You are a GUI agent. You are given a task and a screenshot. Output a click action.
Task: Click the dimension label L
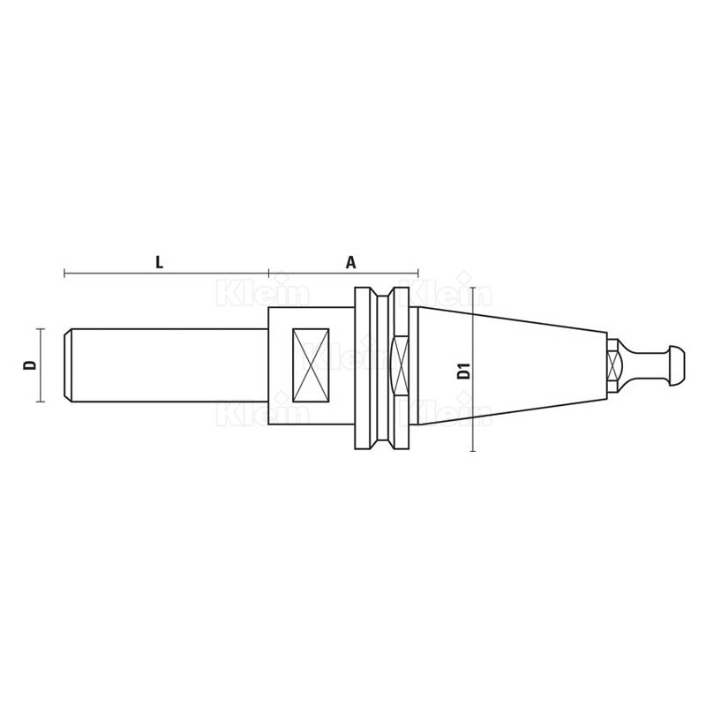click(x=159, y=262)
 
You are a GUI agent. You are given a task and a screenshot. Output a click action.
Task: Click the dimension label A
click(x=350, y=262)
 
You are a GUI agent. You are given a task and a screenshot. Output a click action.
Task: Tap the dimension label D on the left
click(x=30, y=364)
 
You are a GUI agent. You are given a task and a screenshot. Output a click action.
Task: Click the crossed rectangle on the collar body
click(x=311, y=365)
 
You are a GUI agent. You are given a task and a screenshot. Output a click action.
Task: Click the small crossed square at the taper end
click(x=612, y=365)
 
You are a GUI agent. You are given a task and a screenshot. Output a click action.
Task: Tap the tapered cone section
click(x=513, y=365)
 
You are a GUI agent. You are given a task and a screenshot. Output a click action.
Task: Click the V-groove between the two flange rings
click(x=382, y=368)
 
